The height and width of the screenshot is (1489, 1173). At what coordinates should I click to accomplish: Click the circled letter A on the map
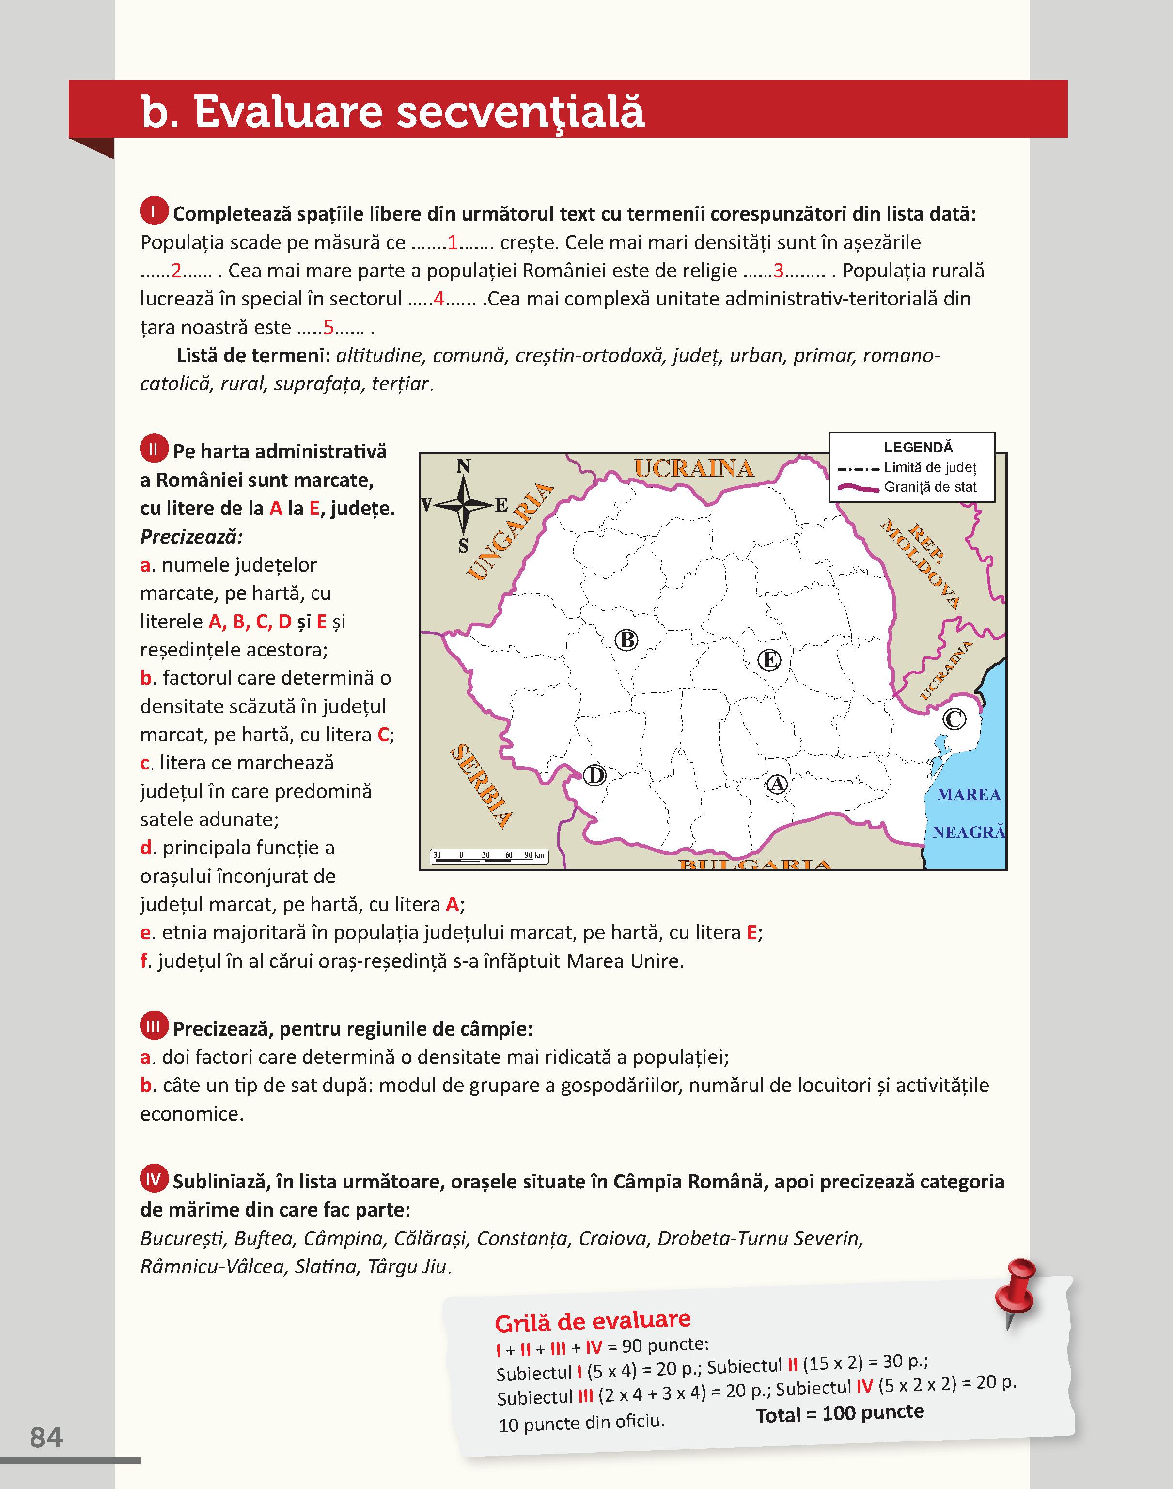pos(776,784)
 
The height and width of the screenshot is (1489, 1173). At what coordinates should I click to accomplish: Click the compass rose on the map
pos(464,506)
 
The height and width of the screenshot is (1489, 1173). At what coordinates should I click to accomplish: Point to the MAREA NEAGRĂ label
pos(969,814)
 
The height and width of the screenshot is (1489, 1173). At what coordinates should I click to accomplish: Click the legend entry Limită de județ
pos(929,468)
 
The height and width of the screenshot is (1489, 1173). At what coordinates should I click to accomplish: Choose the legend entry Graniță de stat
pos(929,487)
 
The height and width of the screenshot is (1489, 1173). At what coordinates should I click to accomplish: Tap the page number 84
pos(47,1438)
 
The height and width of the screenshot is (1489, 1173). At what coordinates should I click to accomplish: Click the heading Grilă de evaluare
pos(593,1321)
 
